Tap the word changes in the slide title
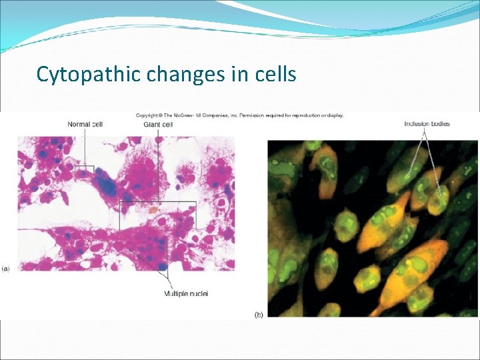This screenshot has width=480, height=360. [179, 74]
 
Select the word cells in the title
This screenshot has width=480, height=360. [275, 74]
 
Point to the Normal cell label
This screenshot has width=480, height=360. [85, 124]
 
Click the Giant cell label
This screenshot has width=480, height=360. [158, 124]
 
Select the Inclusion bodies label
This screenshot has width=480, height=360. [427, 123]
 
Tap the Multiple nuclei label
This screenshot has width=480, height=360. [186, 293]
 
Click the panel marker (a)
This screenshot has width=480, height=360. [6, 268]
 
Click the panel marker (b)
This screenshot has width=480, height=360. [258, 314]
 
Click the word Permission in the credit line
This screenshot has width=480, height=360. [251, 115]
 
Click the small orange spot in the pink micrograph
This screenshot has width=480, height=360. [153, 209]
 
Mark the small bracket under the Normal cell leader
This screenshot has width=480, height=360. [85, 169]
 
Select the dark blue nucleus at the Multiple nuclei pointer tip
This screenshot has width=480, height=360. [164, 267]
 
